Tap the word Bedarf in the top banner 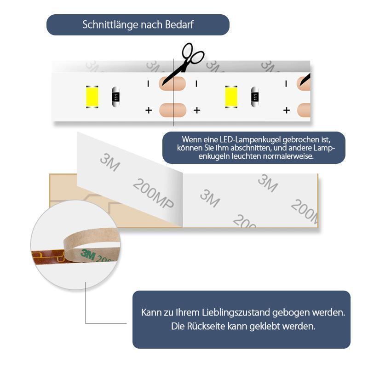(x=179, y=25)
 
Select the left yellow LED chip (x=92, y=97)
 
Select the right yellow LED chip (x=231, y=97)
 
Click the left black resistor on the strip (x=116, y=97)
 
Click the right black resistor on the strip (x=254, y=97)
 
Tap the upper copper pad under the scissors (x=172, y=84)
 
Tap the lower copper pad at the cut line (x=172, y=110)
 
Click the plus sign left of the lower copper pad (x=149, y=110)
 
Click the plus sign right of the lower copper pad (x=197, y=110)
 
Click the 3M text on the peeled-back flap (x=110, y=162)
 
